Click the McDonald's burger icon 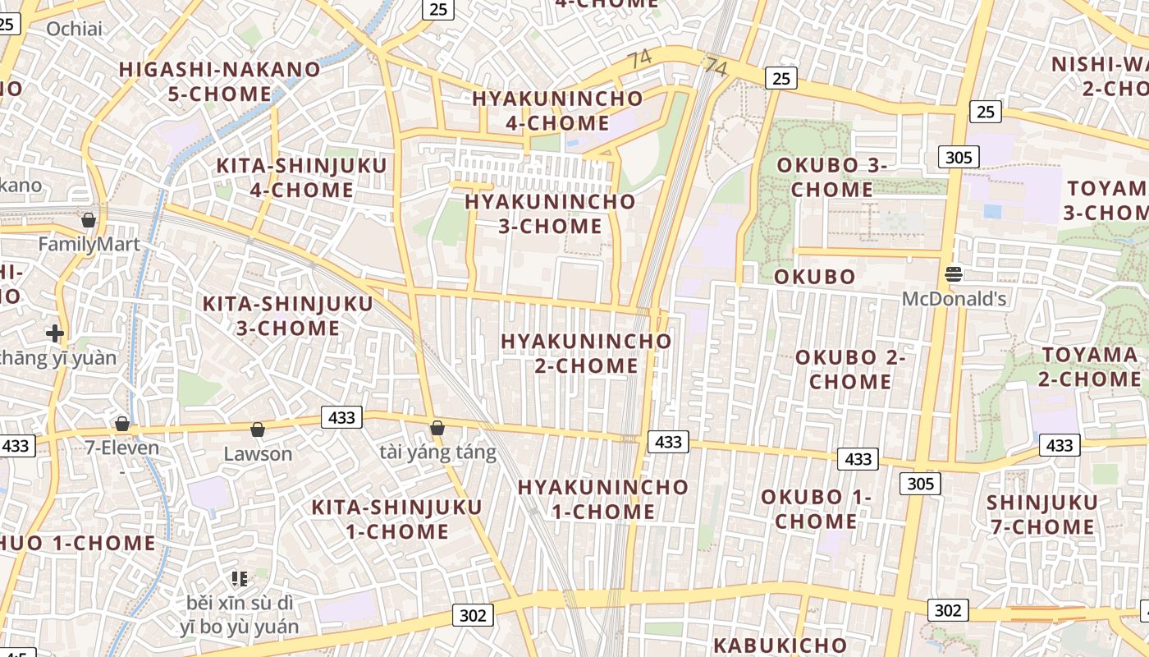(x=954, y=273)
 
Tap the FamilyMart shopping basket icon (x=88, y=220)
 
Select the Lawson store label (x=258, y=453)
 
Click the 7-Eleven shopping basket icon (x=122, y=424)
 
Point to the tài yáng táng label (x=438, y=452)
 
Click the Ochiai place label (x=75, y=29)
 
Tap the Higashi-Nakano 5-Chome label (x=220, y=81)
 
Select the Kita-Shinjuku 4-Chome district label (x=301, y=177)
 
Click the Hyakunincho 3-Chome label (x=550, y=214)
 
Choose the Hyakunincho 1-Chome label (x=602, y=499)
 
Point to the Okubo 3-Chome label (x=832, y=177)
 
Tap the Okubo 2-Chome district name (x=850, y=369)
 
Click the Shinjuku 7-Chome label (x=1042, y=514)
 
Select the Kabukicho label (x=780, y=645)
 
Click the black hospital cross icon (x=55, y=333)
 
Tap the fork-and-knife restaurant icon (x=240, y=578)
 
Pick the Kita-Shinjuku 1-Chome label (x=397, y=519)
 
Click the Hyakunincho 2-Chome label (x=586, y=352)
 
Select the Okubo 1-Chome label (x=816, y=508)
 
